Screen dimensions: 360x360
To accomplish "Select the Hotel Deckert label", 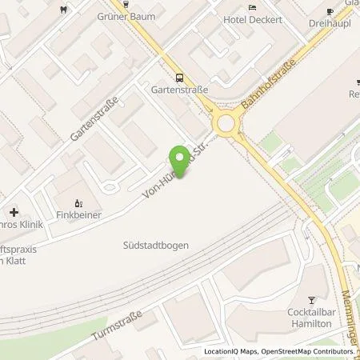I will click(x=254, y=20).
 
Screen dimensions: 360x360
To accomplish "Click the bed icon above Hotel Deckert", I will click(x=253, y=7).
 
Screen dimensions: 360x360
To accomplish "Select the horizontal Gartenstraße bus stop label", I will click(x=178, y=90).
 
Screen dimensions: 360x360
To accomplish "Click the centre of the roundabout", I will click(x=226, y=123).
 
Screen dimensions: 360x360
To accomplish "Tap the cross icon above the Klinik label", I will click(x=13, y=213).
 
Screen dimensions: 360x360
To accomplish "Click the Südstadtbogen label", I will click(x=157, y=246).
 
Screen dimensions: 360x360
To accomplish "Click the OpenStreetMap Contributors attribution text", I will click(x=312, y=351).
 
